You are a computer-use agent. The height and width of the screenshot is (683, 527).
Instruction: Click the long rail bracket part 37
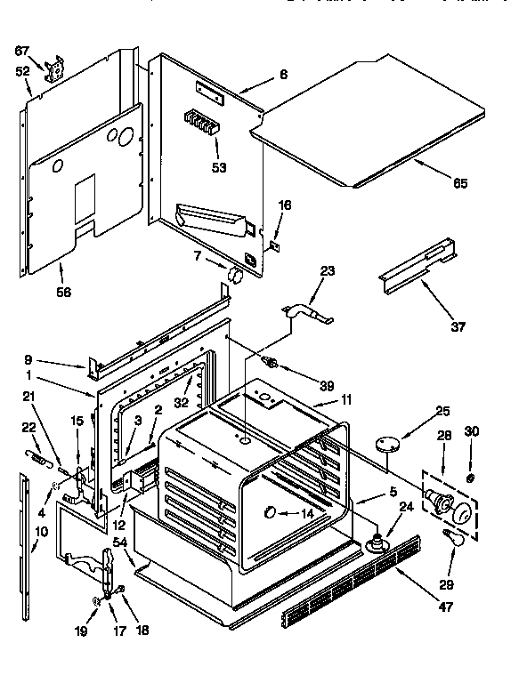pyautogui.click(x=422, y=264)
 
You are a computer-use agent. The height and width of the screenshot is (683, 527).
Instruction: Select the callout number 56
pyautogui.click(x=62, y=291)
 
